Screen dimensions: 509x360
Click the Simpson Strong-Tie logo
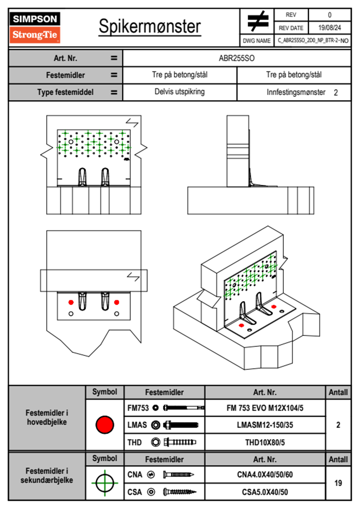point(35,27)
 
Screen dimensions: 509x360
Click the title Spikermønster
point(150,26)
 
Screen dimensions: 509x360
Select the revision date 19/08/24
point(329,28)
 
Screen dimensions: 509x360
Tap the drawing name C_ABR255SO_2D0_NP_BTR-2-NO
point(313,41)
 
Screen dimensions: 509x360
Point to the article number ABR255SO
point(237,58)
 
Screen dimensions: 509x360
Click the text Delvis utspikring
point(180,92)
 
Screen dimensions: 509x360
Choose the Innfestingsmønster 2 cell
point(302,92)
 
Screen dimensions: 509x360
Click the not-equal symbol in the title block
point(257,21)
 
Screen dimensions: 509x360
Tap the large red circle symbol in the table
point(105,425)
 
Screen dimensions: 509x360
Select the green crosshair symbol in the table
point(105,483)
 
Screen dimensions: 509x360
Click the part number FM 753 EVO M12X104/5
point(265,408)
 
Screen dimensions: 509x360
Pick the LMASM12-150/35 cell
point(265,425)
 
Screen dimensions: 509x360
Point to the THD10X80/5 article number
point(265,442)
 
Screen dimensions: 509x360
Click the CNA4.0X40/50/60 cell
point(265,475)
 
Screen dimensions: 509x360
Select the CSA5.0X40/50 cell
point(265,492)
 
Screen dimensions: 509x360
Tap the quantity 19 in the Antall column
point(338,483)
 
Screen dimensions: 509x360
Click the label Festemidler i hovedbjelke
point(47,417)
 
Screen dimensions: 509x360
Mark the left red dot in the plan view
point(71,302)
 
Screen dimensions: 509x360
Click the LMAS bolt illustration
point(181,425)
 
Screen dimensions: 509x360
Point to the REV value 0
point(329,15)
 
